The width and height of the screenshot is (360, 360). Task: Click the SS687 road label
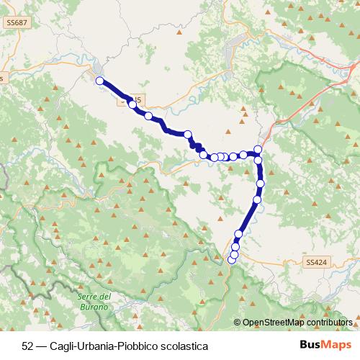click(15, 23)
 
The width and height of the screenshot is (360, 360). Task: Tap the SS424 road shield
click(316, 263)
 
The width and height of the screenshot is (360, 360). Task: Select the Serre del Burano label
click(94, 302)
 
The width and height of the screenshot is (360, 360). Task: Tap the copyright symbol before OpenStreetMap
click(237, 323)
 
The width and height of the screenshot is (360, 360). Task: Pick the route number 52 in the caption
click(28, 346)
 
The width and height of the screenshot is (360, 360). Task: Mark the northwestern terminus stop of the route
click(99, 81)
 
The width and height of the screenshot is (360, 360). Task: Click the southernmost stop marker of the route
click(232, 260)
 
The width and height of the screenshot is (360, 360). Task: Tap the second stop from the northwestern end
click(132, 104)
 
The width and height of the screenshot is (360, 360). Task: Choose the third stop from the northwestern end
click(148, 116)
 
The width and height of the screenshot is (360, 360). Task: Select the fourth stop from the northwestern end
click(187, 134)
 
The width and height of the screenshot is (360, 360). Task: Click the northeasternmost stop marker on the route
click(258, 149)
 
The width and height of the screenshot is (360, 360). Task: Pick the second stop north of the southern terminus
click(235, 247)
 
